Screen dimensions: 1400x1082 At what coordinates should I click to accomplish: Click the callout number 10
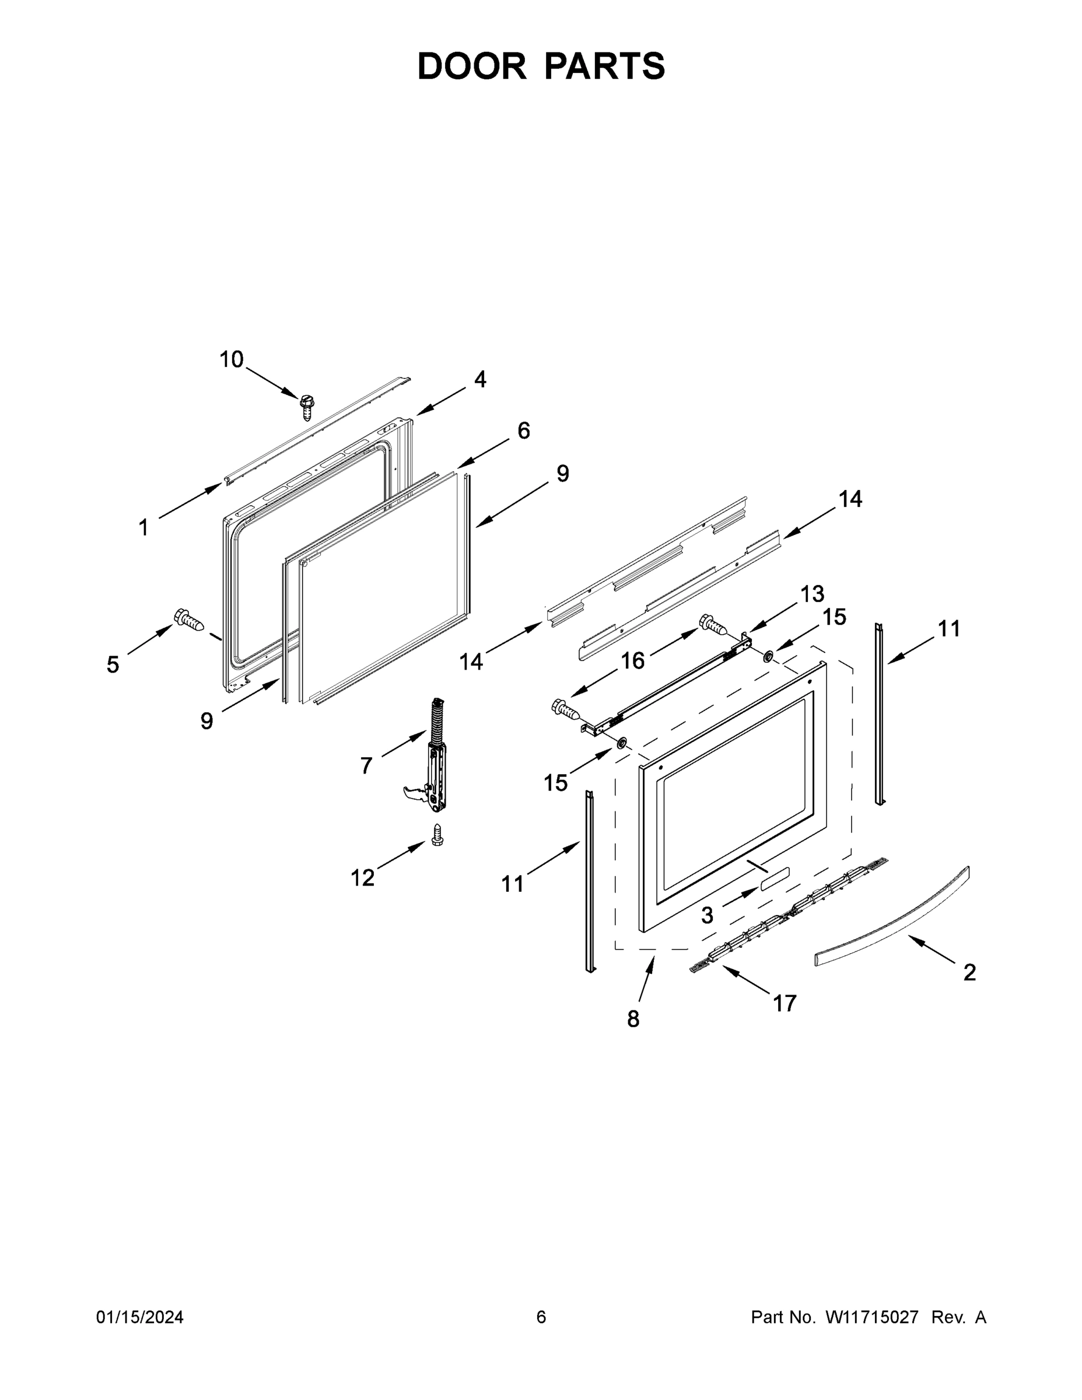coord(232,359)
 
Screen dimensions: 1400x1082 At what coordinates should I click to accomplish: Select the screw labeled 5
coord(190,620)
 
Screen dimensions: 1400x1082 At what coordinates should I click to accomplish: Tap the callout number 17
coord(785,1003)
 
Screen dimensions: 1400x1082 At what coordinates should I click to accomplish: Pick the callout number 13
coord(811,594)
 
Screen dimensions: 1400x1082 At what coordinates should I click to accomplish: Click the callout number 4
coord(480,380)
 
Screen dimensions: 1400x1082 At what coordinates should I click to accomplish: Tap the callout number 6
coord(524,430)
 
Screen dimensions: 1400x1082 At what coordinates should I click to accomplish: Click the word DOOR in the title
coord(472,66)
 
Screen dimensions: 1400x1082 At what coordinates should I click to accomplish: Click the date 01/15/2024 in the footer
coord(140,1317)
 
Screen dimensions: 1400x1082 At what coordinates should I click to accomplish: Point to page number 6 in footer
coord(541,1317)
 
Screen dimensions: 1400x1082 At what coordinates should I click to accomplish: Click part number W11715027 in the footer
coord(872,1317)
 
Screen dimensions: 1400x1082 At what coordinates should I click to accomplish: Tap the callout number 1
coord(143,528)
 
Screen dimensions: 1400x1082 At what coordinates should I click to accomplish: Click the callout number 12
coord(362,877)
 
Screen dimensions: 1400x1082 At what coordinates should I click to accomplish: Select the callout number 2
coord(970,972)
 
